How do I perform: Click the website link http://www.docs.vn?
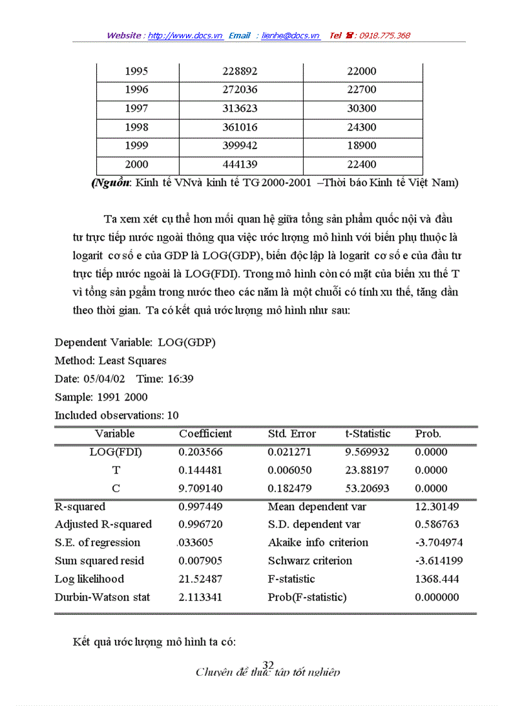pyautogui.click(x=185, y=36)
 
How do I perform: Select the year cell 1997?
pyautogui.click(x=136, y=109)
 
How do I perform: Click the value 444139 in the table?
pyautogui.click(x=240, y=165)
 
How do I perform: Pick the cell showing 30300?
pyautogui.click(x=361, y=109)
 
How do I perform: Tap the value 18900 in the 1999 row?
pyautogui.click(x=361, y=146)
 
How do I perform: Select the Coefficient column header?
pyautogui.click(x=205, y=434)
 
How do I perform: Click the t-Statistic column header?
pyautogui.click(x=368, y=434)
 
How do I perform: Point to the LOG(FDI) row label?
pyautogui.click(x=116, y=452)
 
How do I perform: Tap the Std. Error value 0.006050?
pyautogui.click(x=289, y=470)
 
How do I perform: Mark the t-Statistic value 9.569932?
pyautogui.click(x=367, y=452)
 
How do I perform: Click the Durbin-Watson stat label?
pyautogui.click(x=102, y=597)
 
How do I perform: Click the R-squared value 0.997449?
pyautogui.click(x=200, y=507)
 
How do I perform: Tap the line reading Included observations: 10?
pyautogui.click(x=116, y=416)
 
